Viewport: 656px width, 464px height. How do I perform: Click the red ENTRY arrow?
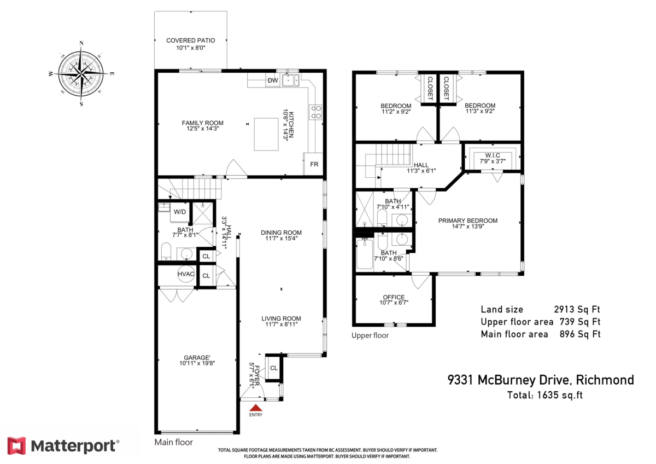(x=256, y=408)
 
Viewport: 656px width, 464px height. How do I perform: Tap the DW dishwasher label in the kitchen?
(x=273, y=80)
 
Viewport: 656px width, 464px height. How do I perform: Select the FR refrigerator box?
(x=313, y=164)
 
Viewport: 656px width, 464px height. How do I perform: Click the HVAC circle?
(x=186, y=274)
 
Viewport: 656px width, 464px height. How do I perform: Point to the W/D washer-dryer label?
(x=180, y=212)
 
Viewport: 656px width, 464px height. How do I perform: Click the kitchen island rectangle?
(x=266, y=134)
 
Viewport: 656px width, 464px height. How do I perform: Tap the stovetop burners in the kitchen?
(x=316, y=112)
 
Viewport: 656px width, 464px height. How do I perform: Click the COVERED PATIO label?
(x=191, y=40)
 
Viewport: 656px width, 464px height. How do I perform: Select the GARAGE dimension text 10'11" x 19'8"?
(x=197, y=363)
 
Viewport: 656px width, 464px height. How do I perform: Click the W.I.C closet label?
(x=493, y=155)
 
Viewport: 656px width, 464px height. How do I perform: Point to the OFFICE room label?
(x=394, y=297)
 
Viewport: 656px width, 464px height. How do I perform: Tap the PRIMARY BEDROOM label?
(x=468, y=221)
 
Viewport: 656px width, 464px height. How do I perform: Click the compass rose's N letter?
(x=81, y=43)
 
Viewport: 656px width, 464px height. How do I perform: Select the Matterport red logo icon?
(x=17, y=446)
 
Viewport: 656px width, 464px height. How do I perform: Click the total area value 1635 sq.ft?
(x=560, y=395)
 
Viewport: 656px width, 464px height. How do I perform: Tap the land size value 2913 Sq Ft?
(x=577, y=309)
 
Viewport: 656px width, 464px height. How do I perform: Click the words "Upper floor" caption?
(x=370, y=335)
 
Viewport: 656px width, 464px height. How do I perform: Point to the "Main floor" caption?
(x=174, y=442)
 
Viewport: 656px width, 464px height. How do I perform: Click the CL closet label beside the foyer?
(x=274, y=368)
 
